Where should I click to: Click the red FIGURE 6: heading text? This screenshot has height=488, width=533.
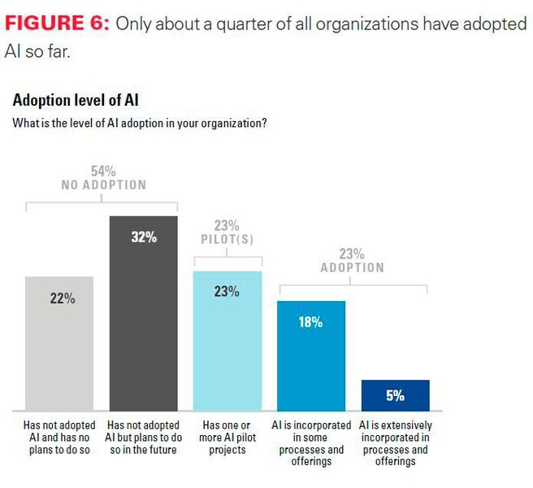coord(58,24)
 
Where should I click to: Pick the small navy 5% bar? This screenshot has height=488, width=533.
coord(395,395)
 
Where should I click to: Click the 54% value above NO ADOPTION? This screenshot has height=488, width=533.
coord(103,171)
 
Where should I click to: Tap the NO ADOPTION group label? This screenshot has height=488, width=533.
coord(103,185)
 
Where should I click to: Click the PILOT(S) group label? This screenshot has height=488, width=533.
coord(227,240)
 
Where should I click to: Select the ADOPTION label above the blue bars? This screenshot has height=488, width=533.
coord(352,268)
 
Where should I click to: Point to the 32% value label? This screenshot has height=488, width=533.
coord(144,237)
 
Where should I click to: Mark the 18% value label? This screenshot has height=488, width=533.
coord(310,322)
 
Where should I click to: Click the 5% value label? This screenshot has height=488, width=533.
coord(395,396)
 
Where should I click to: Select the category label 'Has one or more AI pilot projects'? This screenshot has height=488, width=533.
coord(227,438)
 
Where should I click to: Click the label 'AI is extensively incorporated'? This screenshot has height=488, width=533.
coord(396,443)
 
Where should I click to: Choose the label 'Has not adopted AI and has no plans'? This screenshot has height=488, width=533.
coord(60,438)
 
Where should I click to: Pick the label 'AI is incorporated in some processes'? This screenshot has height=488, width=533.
coord(311,443)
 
